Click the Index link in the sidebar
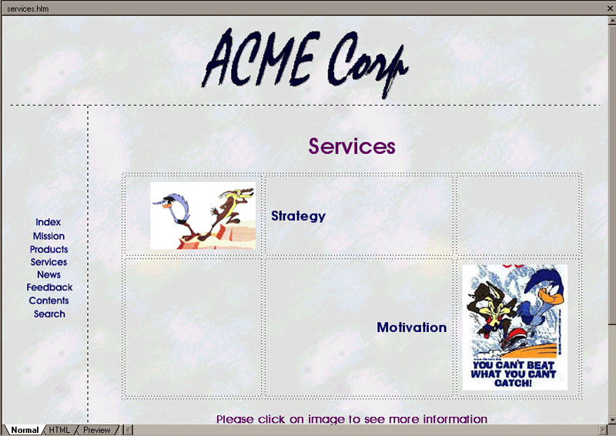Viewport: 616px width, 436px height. click(x=48, y=222)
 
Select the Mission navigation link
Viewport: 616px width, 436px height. click(x=49, y=236)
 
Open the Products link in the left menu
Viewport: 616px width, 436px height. click(x=49, y=250)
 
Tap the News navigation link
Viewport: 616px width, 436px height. click(x=49, y=274)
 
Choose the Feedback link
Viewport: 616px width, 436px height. click(x=49, y=287)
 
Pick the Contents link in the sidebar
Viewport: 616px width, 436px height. click(x=49, y=300)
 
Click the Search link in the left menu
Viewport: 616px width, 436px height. click(x=49, y=314)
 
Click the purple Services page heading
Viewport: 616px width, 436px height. click(x=352, y=146)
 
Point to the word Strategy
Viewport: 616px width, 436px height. click(x=298, y=216)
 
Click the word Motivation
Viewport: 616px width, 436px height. click(x=412, y=327)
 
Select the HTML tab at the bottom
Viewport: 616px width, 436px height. click(x=59, y=430)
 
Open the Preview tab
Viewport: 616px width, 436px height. click(x=97, y=430)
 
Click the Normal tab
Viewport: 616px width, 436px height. click(x=25, y=430)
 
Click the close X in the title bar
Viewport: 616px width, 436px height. click(x=610, y=8)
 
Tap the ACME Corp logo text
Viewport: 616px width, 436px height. click(x=305, y=63)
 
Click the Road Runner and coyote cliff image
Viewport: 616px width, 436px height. click(x=203, y=216)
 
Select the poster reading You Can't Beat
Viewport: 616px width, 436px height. click(x=514, y=327)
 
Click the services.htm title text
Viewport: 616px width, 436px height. click(x=28, y=8)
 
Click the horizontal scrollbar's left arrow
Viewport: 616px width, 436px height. click(x=129, y=430)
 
